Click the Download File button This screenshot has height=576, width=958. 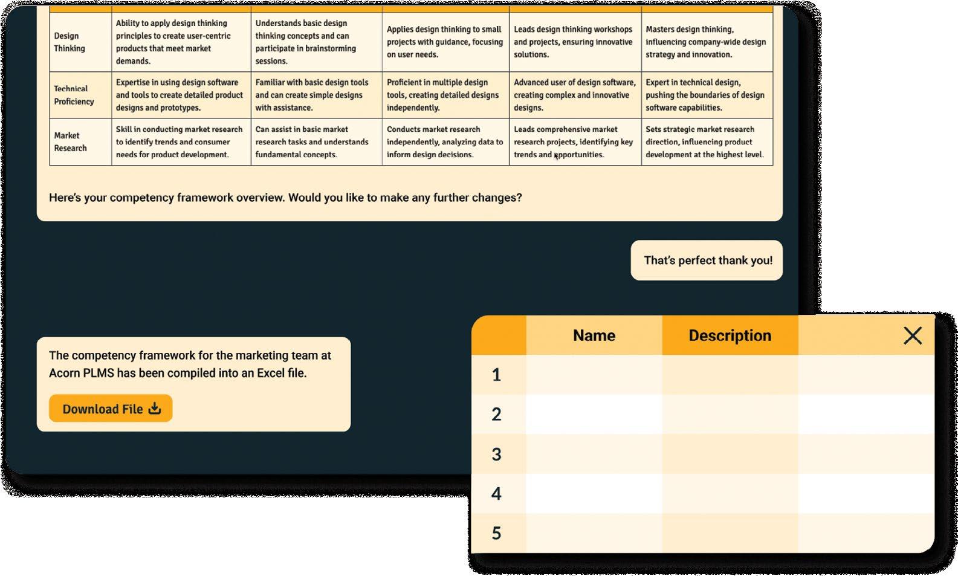point(111,409)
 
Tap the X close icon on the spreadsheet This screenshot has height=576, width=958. point(912,335)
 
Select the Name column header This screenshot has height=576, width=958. point(594,335)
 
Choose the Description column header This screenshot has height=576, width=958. point(730,335)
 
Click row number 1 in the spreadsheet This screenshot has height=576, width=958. point(496,375)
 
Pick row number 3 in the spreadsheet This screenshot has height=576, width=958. point(496,454)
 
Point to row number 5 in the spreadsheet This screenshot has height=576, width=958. point(496,533)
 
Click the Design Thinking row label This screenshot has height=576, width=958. point(70,42)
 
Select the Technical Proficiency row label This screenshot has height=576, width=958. point(74,95)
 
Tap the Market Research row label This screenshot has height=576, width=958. point(70,141)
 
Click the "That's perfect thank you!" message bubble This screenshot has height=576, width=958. point(707,260)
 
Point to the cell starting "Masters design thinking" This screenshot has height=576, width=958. point(705,42)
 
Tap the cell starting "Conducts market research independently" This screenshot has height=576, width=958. point(444,141)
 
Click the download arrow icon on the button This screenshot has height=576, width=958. point(155,409)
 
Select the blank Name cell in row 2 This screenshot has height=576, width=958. point(594,414)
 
